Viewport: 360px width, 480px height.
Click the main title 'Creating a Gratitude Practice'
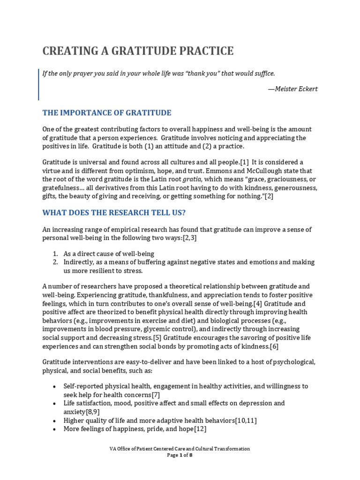click(x=138, y=51)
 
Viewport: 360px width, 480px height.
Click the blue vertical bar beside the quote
click(x=38, y=84)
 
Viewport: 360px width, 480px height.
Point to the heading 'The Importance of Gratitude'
click(x=107, y=113)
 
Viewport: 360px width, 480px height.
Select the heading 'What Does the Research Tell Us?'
click(x=114, y=213)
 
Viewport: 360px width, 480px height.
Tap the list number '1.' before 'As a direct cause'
click(x=55, y=254)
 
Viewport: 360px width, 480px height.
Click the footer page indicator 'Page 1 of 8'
click(x=180, y=455)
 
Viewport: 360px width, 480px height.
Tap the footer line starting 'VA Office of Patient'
click(x=180, y=449)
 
